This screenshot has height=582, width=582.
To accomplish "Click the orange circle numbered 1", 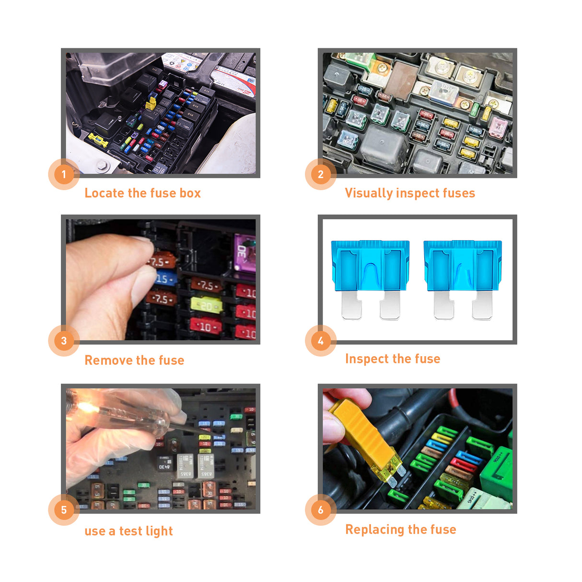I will click(64, 174).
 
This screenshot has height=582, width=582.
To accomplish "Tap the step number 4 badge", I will click(321, 341).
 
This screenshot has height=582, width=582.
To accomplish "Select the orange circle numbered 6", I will click(321, 510).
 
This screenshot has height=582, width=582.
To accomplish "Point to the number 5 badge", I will click(64, 510).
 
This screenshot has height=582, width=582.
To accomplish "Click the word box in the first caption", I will click(190, 193).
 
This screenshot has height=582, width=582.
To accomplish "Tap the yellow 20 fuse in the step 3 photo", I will click(207, 305).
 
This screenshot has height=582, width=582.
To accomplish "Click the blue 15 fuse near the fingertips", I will click(164, 279).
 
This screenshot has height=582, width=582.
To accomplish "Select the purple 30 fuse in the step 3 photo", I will click(244, 253).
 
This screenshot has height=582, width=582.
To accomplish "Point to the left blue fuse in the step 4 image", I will click(370, 278).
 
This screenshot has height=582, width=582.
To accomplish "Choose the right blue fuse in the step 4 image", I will click(463, 278).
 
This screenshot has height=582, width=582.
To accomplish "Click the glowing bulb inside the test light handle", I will click(86, 408).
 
